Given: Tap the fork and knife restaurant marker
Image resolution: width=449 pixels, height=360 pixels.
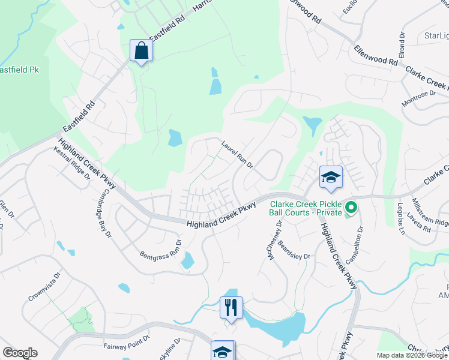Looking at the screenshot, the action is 231,308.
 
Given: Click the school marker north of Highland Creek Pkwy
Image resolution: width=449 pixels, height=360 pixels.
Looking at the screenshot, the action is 331,176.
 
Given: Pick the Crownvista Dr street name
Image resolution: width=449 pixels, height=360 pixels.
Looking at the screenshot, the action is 44,287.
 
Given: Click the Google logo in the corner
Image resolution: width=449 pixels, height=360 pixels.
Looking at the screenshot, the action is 20,353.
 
